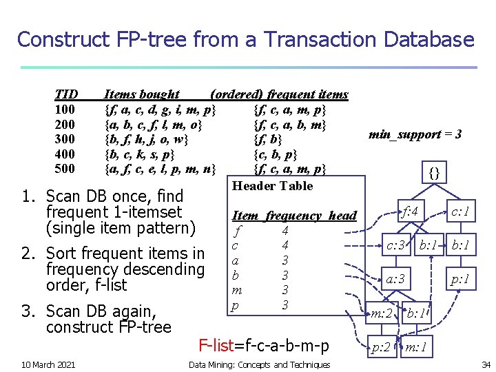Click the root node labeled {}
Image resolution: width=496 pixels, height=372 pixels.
(434, 172)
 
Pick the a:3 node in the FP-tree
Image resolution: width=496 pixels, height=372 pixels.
(395, 280)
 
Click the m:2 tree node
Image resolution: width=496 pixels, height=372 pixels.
(382, 314)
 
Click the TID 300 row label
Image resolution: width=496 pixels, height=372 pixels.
(65, 139)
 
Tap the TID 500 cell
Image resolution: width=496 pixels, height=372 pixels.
(65, 169)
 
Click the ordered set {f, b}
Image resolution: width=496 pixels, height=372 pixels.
(267, 139)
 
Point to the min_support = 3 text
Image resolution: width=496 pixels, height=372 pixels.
(415, 134)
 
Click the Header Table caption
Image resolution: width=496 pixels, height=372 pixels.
(272, 185)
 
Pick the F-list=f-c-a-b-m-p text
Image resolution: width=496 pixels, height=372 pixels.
(263, 345)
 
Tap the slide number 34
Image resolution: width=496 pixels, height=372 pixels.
(486, 364)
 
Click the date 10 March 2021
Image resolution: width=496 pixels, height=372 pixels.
(48, 364)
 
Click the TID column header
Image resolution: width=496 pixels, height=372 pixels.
(66, 94)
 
